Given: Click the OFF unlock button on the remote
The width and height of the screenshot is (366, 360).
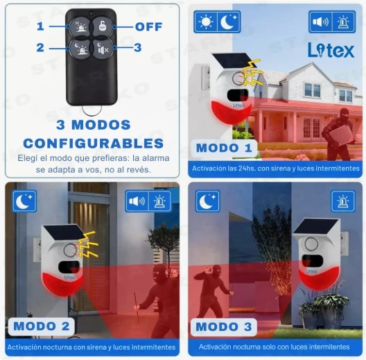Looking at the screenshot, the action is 102,26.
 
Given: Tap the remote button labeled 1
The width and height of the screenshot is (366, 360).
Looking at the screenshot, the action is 80,26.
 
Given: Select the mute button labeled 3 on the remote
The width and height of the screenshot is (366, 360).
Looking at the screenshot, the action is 102,49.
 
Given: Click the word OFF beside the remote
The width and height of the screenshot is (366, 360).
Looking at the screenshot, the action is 148,26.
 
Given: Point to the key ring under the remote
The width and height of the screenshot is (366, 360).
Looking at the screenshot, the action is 92,110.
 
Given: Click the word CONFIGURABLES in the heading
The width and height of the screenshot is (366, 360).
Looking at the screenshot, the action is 94,143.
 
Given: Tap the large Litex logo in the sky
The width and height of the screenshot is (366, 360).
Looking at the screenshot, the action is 331,50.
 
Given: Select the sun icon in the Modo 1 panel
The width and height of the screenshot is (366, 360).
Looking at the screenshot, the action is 206,22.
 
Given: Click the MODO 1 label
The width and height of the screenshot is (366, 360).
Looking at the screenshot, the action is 224,148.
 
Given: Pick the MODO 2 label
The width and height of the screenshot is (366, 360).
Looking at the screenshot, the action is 42,326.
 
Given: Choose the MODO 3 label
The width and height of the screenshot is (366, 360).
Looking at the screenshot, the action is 224,327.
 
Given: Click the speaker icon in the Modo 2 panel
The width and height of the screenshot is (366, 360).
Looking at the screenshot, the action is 137,201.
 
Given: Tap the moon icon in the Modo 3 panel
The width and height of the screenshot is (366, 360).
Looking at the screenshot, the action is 207,201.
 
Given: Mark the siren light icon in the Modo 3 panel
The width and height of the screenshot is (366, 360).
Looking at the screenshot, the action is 343,201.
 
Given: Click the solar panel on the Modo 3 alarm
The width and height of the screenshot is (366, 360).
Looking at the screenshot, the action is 316,226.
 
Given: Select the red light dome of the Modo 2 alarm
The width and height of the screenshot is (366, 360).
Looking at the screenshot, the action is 62,284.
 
